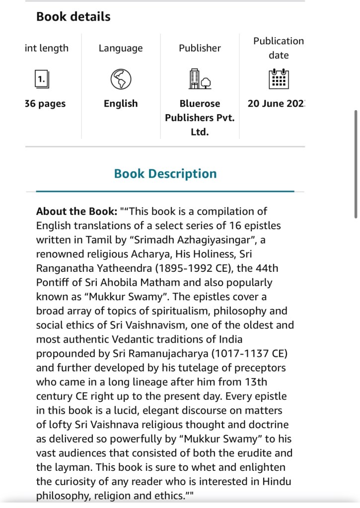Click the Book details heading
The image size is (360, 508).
click(73, 17)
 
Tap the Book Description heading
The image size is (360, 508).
click(165, 174)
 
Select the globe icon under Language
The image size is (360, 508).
click(121, 79)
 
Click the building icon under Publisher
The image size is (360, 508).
click(200, 79)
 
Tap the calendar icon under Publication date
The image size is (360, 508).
click(279, 78)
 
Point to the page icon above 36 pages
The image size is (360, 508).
click(41, 79)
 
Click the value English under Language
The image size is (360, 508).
click(121, 104)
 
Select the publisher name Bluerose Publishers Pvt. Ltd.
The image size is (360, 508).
click(200, 118)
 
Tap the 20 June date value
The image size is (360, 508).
click(276, 104)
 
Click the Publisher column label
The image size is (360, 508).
click(200, 48)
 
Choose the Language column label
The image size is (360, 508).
click(121, 48)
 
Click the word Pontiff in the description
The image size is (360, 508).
click(52, 283)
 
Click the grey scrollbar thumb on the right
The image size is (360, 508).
click(356, 164)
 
